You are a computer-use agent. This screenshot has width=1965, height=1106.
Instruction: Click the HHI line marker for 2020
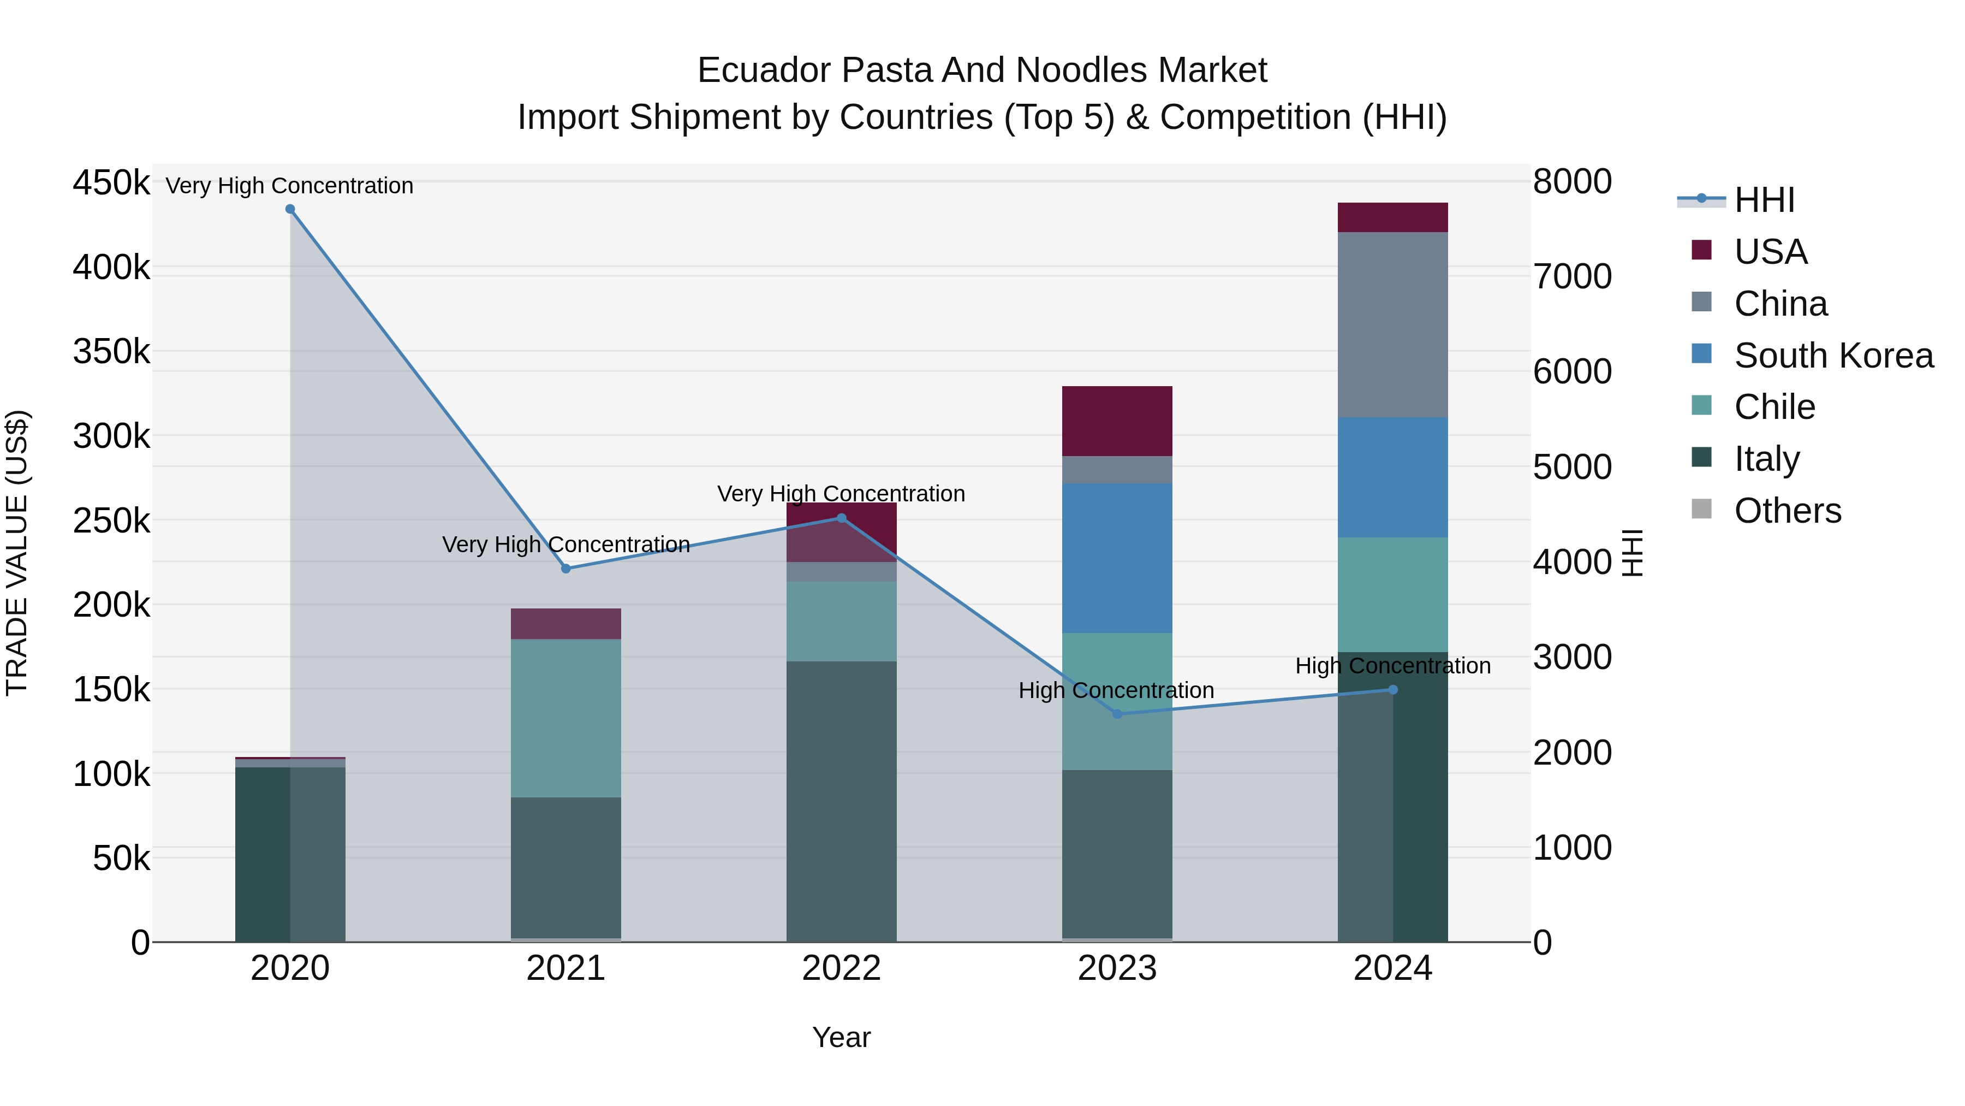(x=290, y=209)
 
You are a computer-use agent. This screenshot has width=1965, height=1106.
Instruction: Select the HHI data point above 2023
(x=1117, y=714)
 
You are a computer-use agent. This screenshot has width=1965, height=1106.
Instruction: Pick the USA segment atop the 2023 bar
(x=1117, y=421)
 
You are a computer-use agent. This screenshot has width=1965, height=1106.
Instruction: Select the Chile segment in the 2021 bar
(x=565, y=718)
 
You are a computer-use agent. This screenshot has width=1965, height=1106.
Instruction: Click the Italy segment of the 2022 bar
(x=841, y=801)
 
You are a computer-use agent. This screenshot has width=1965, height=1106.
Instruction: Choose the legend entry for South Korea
(x=1833, y=356)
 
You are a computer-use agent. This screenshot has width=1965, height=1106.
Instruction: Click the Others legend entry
(x=1787, y=511)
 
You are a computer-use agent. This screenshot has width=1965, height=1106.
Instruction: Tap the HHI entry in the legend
(x=1764, y=200)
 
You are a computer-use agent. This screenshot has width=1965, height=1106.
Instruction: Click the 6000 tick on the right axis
(x=1572, y=372)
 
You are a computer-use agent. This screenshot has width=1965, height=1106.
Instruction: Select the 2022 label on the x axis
(x=841, y=968)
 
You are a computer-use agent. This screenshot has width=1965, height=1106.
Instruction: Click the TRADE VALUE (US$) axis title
(x=17, y=553)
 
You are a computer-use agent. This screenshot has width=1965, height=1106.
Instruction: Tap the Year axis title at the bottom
(x=841, y=1037)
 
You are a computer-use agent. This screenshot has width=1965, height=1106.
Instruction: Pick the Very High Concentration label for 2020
(x=290, y=186)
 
